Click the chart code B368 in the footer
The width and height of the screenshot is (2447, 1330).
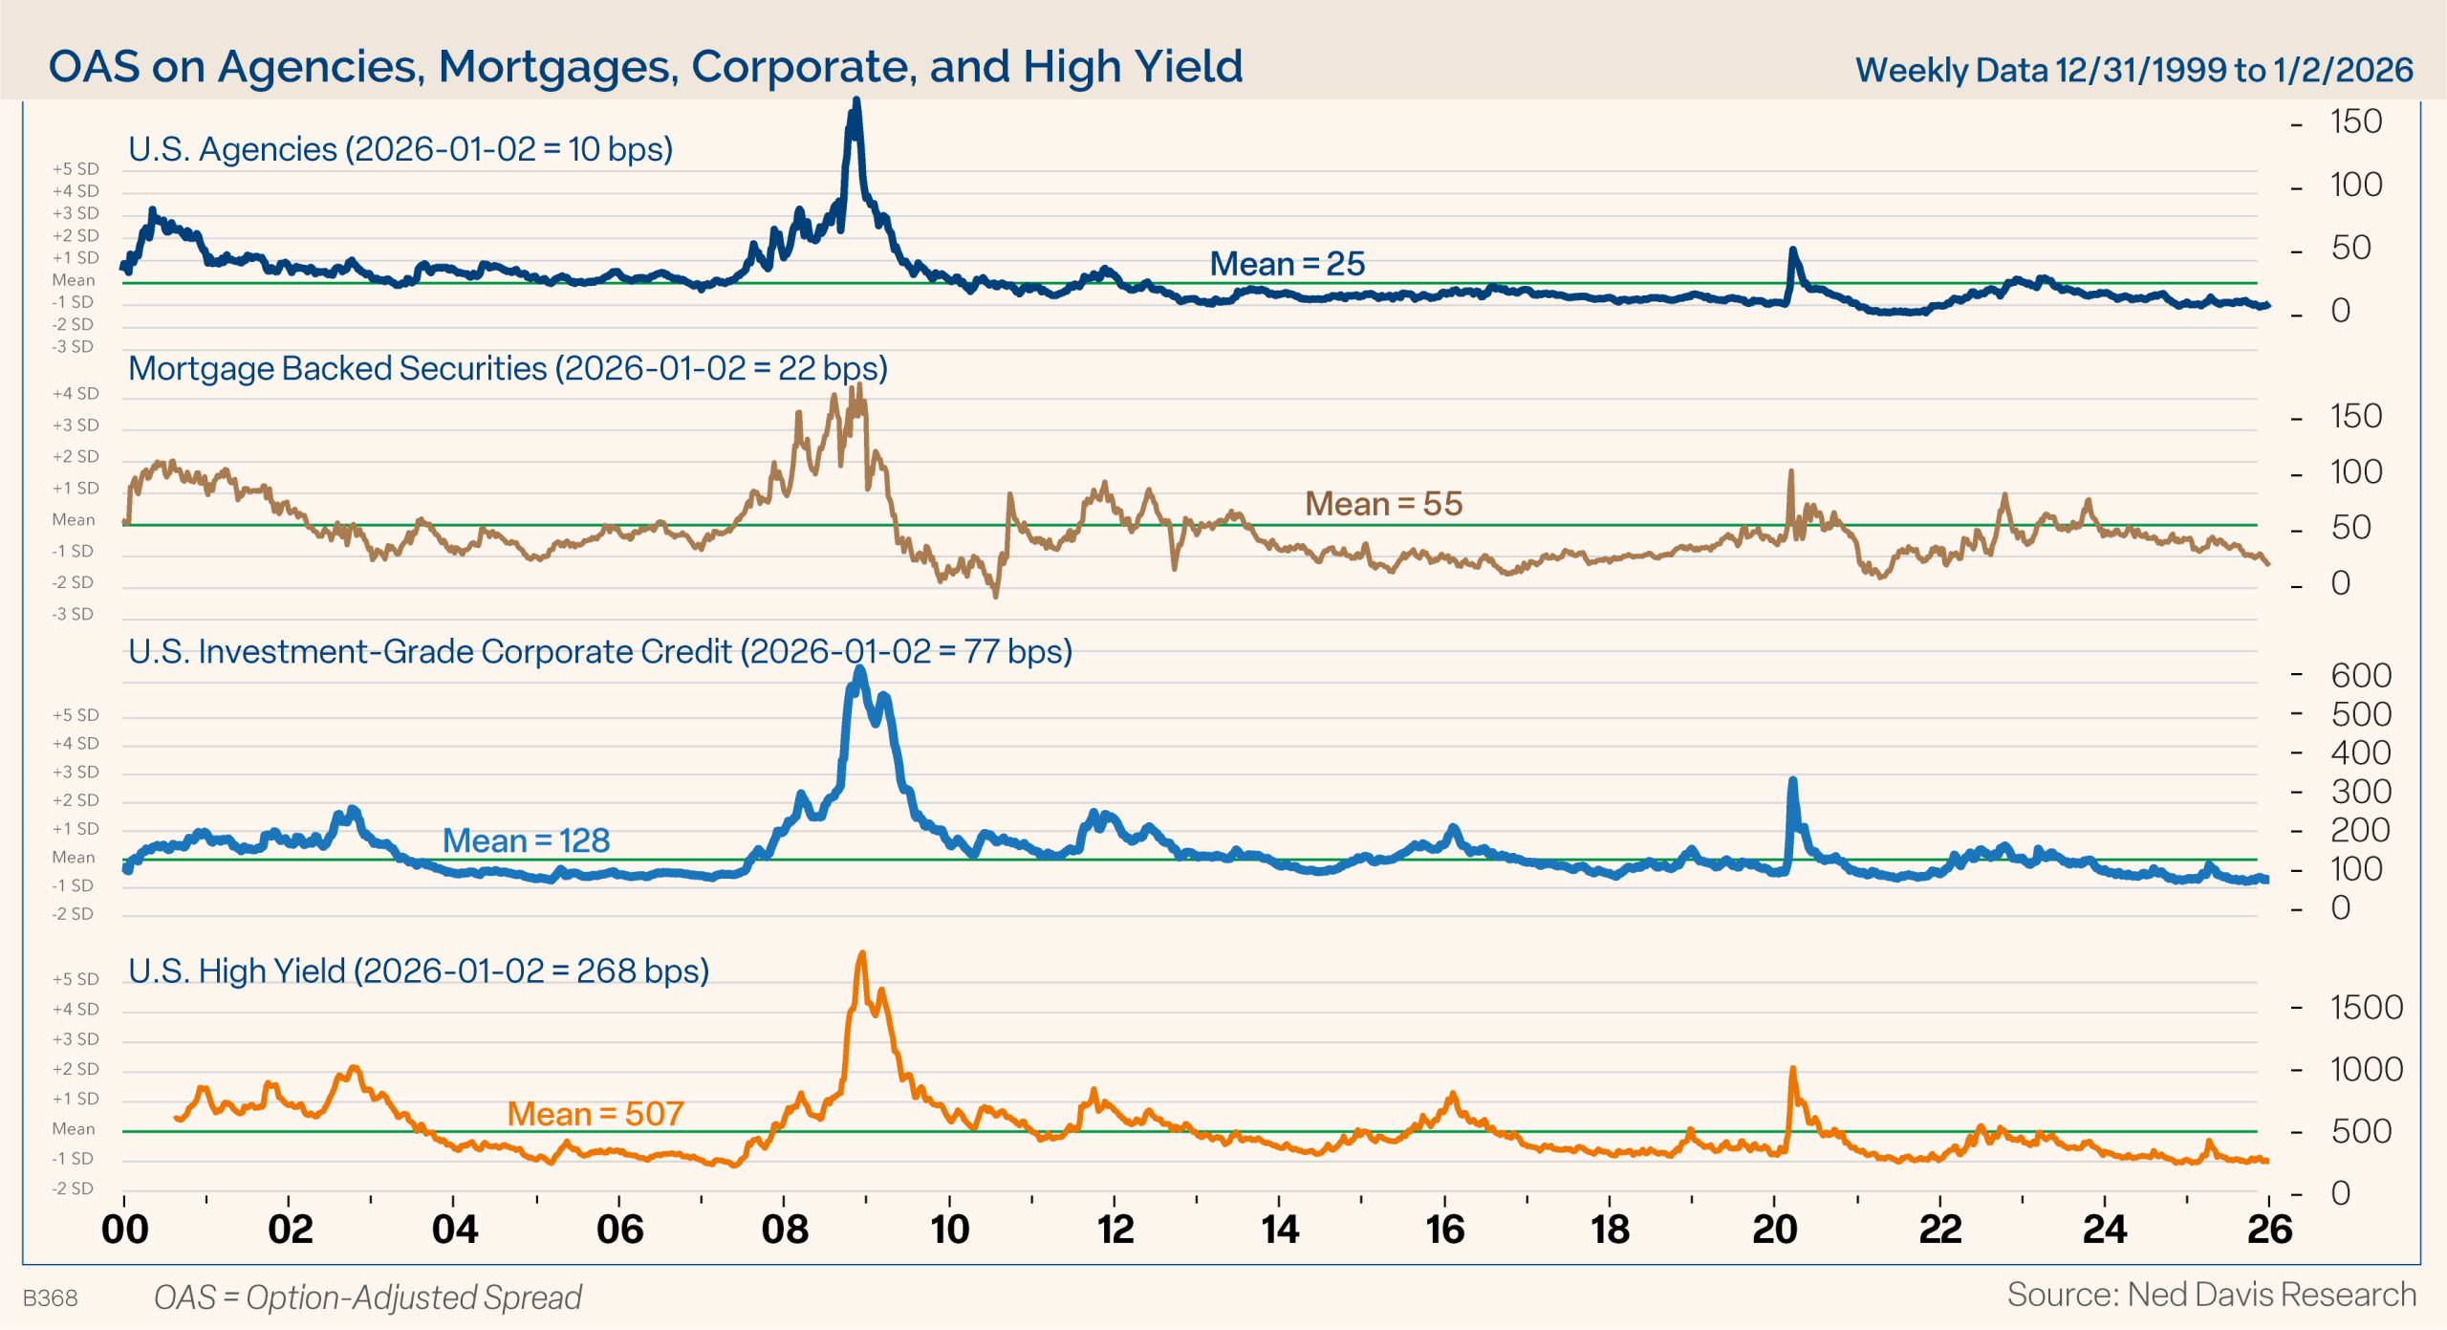(50, 1297)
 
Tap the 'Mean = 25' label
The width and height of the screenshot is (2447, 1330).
(1287, 264)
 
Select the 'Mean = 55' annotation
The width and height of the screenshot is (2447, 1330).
(1383, 504)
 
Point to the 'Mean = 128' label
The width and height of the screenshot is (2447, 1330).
(526, 840)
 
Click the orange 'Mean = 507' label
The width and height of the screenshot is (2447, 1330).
(595, 1114)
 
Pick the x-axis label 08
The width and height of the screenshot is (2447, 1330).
(784, 1230)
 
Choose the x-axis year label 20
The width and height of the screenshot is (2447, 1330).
(1774, 1230)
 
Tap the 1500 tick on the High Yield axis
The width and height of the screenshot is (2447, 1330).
(2365, 1008)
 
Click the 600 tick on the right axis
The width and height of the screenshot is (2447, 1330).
(2360, 676)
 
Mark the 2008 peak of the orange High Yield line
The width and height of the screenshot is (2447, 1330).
(862, 954)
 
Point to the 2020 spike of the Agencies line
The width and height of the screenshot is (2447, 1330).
(1792, 251)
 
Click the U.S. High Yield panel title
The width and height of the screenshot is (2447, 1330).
(419, 971)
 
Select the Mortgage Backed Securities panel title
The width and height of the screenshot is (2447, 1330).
(508, 369)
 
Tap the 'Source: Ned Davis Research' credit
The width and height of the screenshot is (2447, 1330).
(2211, 1295)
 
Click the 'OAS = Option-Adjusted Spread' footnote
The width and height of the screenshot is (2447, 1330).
(368, 1297)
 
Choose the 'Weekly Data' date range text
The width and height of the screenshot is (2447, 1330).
(2133, 70)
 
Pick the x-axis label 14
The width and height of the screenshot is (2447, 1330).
(1280, 1230)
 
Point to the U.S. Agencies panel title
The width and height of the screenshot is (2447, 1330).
(401, 150)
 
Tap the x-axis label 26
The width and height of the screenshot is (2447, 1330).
(2269, 1230)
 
